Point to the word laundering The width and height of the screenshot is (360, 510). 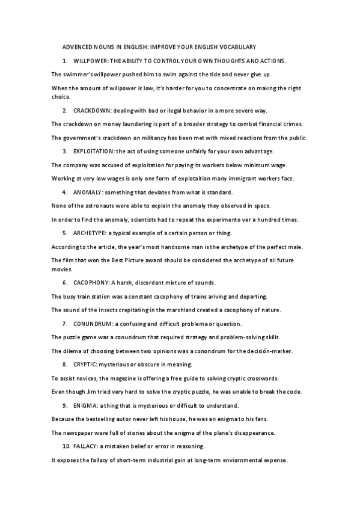coord(136,124)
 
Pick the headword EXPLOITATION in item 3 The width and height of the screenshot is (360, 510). coord(93,150)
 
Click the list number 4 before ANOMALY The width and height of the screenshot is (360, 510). coord(64,192)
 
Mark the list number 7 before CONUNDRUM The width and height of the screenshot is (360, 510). coord(64,324)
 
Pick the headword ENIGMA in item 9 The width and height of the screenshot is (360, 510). coord(85,405)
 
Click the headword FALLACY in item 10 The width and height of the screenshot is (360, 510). coord(87,446)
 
